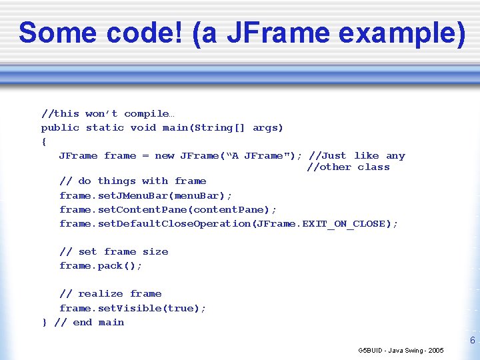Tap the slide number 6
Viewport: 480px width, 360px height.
(472, 341)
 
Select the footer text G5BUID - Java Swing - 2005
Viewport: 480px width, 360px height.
(401, 351)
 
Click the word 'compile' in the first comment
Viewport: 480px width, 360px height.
(146, 114)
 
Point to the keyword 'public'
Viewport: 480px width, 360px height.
(60, 128)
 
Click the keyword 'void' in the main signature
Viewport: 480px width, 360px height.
(143, 128)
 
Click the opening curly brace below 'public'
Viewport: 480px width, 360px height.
(44, 142)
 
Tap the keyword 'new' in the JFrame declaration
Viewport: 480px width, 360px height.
(164, 156)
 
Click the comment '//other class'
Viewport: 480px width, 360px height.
(348, 167)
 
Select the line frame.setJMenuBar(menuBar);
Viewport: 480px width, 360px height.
(145, 195)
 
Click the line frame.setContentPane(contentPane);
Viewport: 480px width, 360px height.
(167, 209)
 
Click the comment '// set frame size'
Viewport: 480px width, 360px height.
(113, 252)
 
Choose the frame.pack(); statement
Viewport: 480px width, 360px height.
(101, 266)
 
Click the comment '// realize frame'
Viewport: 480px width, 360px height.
(110, 294)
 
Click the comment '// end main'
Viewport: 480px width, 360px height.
(89, 323)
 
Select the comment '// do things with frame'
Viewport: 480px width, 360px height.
(133, 181)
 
